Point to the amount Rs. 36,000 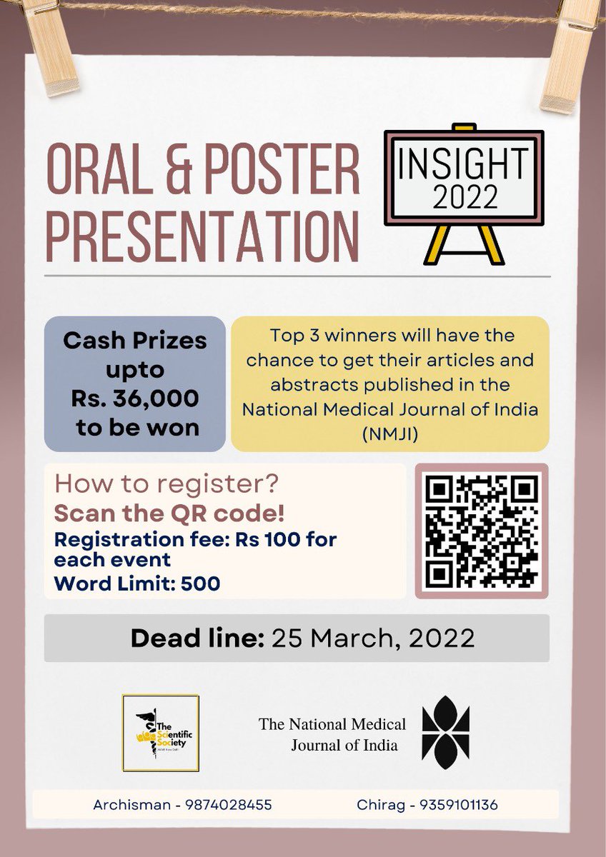[134, 399]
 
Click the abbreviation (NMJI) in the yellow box [389, 433]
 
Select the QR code [481, 531]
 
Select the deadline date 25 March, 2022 [372, 638]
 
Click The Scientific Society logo [160, 733]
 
